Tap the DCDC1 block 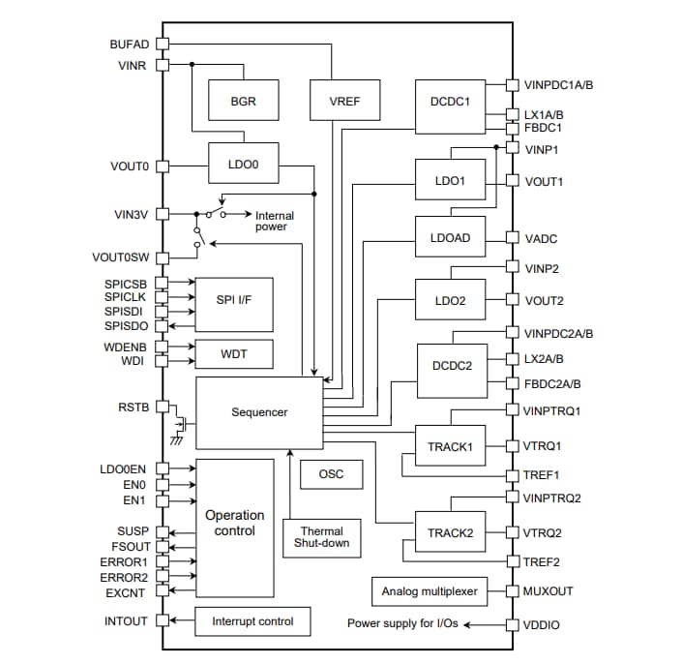tap(450, 101)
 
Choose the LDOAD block tap(450, 237)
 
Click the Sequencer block tap(258, 412)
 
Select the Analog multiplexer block tap(430, 591)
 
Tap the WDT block tap(233, 354)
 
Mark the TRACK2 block tap(450, 532)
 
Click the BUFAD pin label tap(131, 44)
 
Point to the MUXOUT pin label tap(549, 591)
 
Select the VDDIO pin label tap(542, 625)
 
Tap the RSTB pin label tap(133, 407)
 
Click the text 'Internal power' tap(274, 221)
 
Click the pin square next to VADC tap(512, 238)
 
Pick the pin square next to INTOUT tap(162, 621)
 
